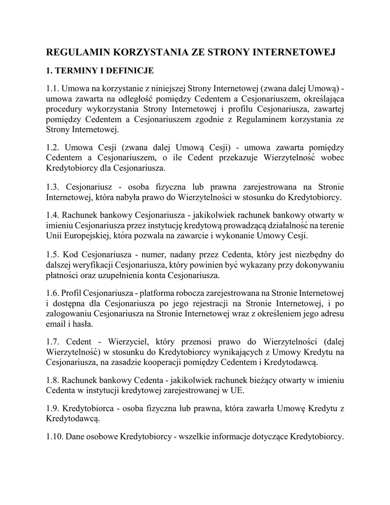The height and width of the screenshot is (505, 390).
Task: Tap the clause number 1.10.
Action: click(x=54, y=436)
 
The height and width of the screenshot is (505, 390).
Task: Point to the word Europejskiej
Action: click(x=86, y=236)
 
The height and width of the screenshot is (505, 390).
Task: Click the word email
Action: click(x=56, y=324)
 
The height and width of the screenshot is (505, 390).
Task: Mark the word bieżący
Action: click(x=252, y=380)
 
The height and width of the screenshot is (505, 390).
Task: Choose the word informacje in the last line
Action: click(x=247, y=436)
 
